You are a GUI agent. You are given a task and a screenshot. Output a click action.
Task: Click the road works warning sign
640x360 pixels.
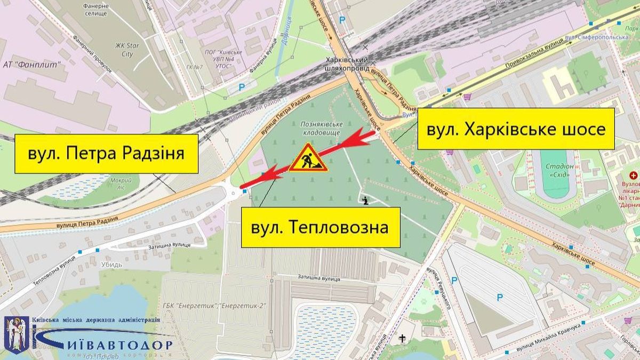[308, 158]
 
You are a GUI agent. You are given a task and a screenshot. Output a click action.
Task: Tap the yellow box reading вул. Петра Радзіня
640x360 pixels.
[106, 154]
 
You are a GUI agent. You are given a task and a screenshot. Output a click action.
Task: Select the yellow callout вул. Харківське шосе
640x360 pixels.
[516, 129]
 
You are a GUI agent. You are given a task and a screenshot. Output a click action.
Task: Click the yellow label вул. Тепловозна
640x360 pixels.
[321, 227]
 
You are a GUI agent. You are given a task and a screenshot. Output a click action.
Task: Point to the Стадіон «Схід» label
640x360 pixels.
[559, 171]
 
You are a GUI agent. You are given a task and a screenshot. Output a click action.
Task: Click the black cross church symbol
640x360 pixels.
[401, 338]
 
